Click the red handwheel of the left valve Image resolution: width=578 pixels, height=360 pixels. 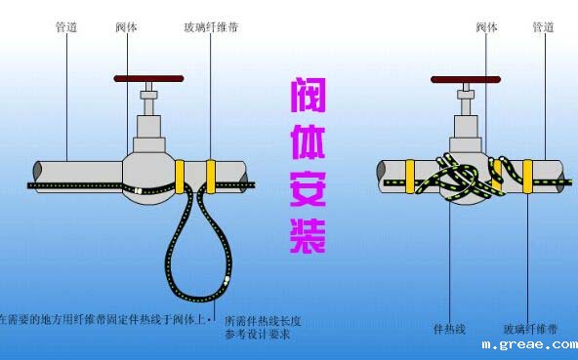click(x=147, y=77)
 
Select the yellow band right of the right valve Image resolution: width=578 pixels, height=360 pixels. click(x=527, y=174)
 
